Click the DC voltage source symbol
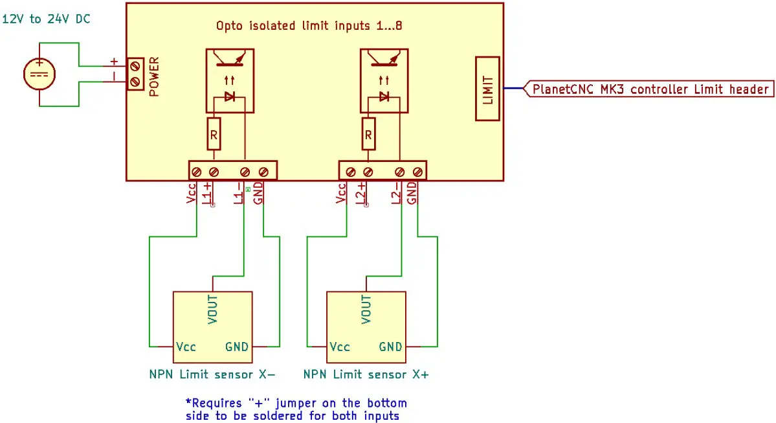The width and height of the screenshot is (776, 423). tap(39, 73)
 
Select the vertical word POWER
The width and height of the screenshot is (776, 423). tap(154, 77)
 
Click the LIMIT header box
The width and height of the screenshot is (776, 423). tap(488, 89)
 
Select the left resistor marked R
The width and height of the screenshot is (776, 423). tap(214, 134)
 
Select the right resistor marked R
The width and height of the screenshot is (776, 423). tap(368, 134)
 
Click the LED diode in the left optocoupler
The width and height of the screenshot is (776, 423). tap(229, 97)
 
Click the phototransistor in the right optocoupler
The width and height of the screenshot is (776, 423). tap(383, 61)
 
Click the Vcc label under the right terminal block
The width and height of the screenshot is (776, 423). tap(342, 193)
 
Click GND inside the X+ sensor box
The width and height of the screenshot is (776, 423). tap(390, 347)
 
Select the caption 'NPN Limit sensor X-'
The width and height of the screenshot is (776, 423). tap(212, 374)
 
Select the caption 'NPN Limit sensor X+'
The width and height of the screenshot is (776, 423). tap(366, 374)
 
